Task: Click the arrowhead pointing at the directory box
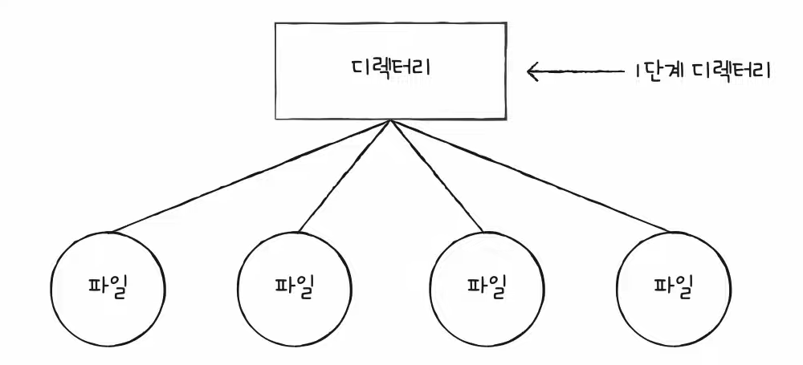532,72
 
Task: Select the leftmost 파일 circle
108,288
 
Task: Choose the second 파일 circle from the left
295,288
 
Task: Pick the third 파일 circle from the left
487,288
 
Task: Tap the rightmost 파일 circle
673,288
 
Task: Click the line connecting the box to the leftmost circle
249,176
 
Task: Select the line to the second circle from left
343,176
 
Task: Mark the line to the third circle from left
438,176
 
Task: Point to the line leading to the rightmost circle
530,176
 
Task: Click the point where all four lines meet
391,121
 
